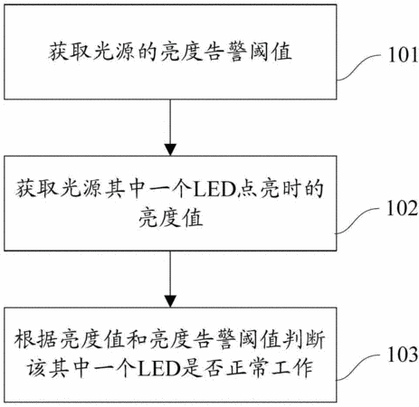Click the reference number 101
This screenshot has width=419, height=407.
point(403,55)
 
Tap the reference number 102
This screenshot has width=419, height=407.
point(403,208)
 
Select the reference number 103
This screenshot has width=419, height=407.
point(403,355)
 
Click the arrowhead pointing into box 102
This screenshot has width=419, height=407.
point(170,150)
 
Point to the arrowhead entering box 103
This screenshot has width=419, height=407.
point(170,301)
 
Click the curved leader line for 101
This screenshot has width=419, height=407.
point(359,67)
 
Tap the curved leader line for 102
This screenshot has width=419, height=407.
point(357,221)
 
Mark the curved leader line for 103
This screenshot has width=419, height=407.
point(358,367)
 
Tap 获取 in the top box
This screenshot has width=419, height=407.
point(70,52)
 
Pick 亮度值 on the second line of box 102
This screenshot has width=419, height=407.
point(170,217)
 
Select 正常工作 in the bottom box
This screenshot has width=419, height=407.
point(270,368)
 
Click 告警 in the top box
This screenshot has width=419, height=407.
point(225,52)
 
